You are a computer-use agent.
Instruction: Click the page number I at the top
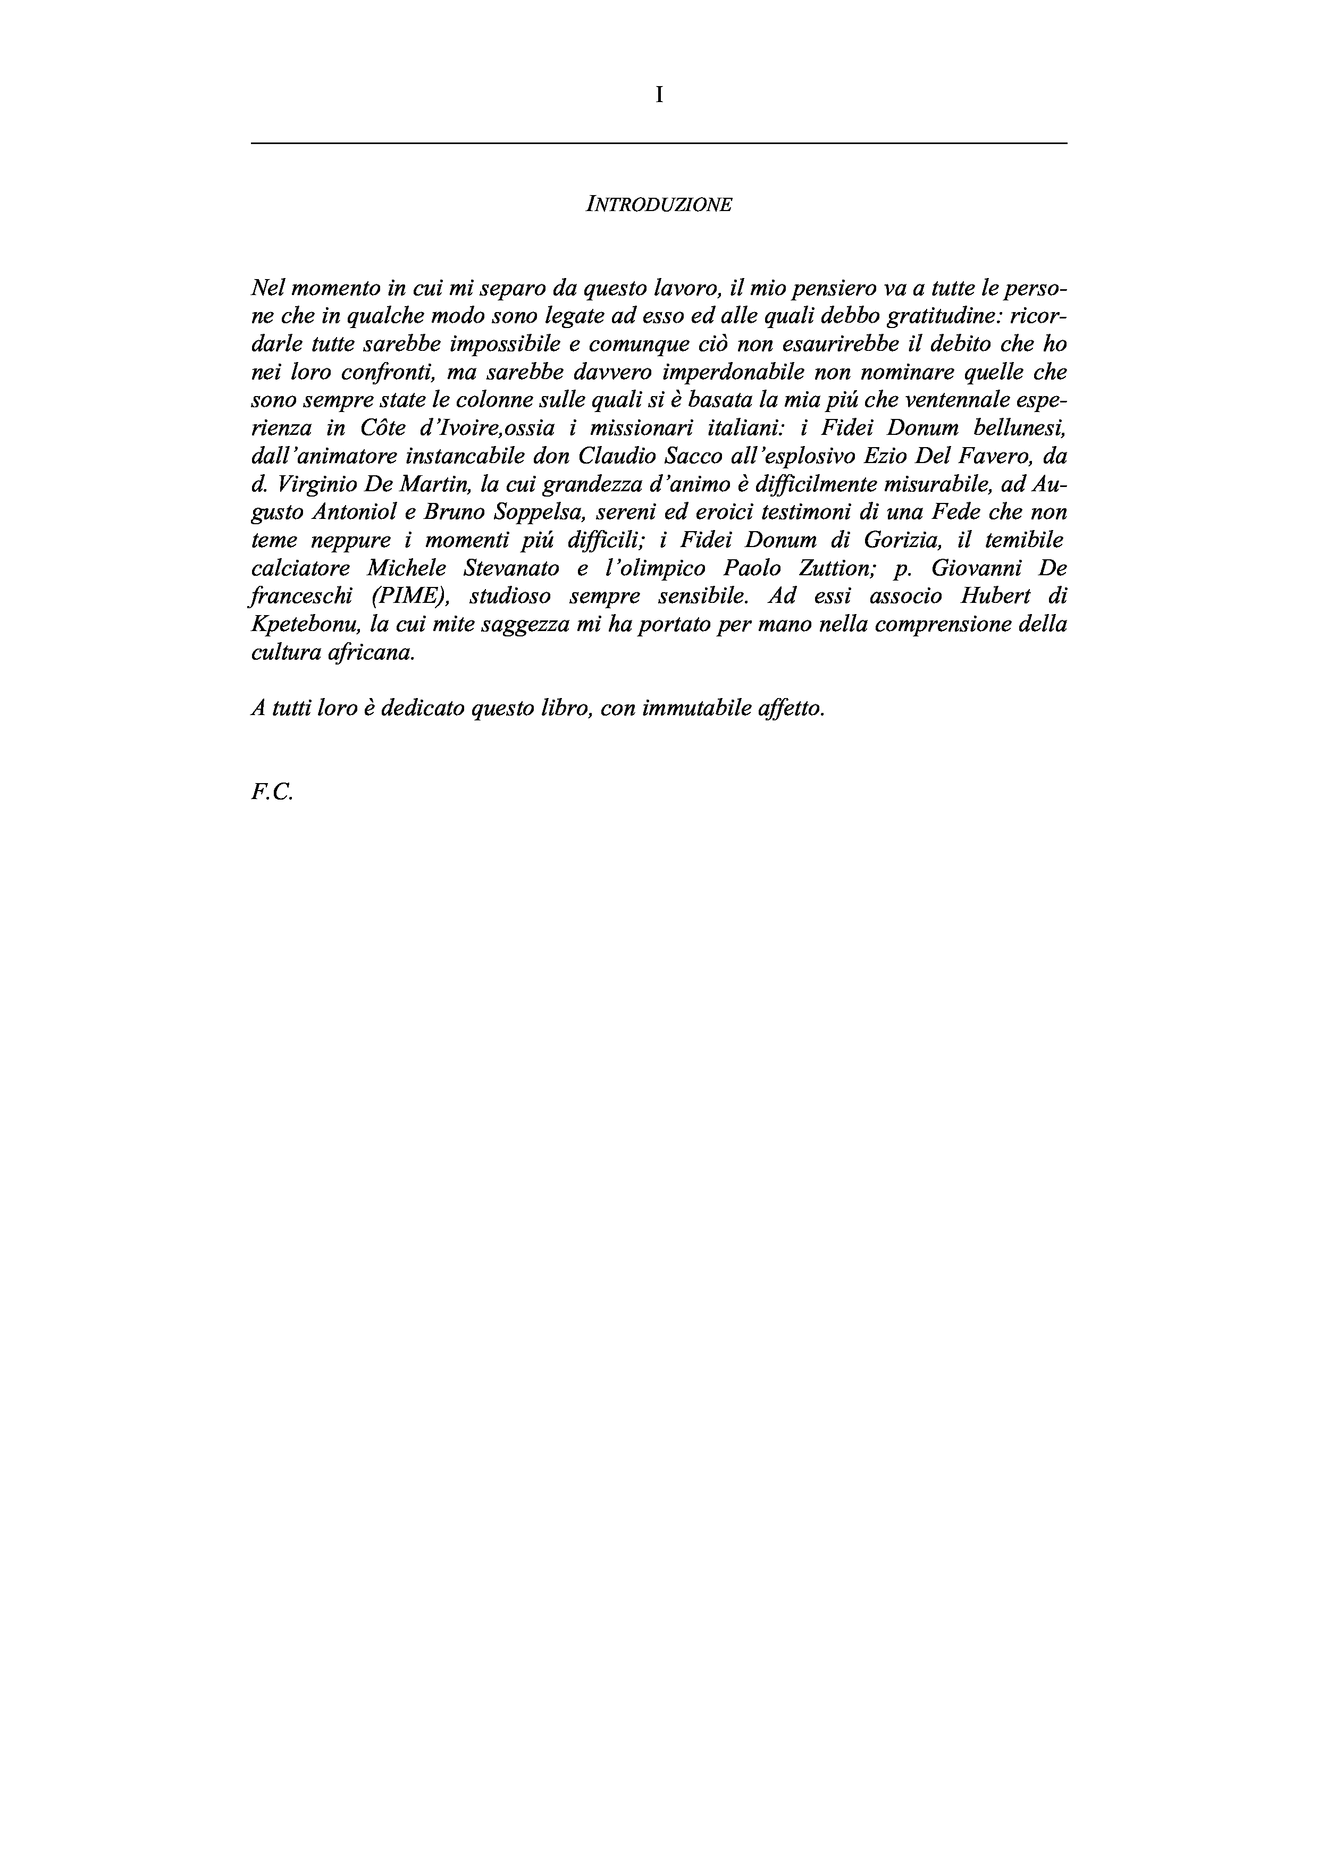click(659, 96)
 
